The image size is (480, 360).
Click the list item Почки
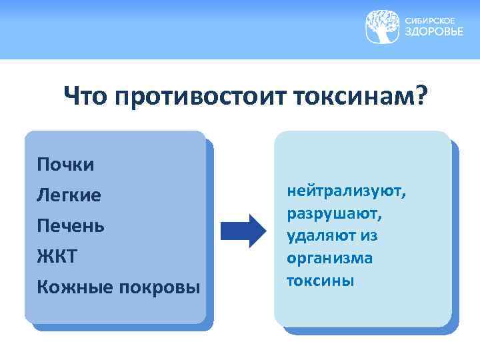[66, 165]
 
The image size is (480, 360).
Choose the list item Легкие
[69, 195]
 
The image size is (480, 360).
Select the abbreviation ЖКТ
[58, 256]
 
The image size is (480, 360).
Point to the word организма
[329, 259]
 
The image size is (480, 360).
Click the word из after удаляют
[371, 237]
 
